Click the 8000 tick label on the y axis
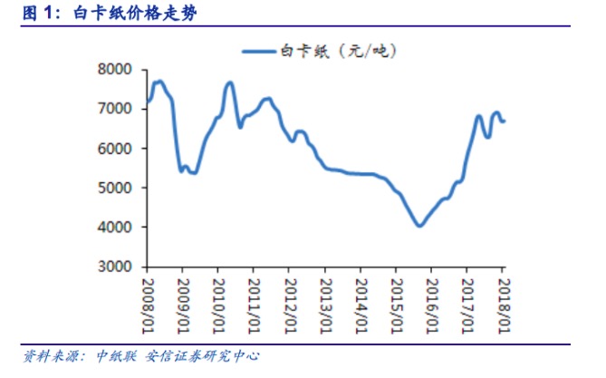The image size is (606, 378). pos(117,70)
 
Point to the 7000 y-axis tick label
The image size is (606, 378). pos(117,109)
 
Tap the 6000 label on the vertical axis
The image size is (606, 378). pos(117,149)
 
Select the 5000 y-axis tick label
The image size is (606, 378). pos(117,189)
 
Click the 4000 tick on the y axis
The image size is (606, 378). pos(117,228)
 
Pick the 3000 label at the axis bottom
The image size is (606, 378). pos(117,267)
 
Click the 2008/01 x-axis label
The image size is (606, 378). pos(147,303)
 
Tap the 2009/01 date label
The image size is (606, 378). pos(182,303)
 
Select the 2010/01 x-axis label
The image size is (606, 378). pos(218,303)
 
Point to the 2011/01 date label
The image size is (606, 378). pos(254,303)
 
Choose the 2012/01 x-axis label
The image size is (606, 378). pos(289,303)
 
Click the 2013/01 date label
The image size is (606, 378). pos(325,303)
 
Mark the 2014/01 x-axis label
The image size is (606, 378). pos(361,303)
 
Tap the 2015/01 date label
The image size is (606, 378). pos(396,303)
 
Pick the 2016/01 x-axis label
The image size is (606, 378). pos(432,303)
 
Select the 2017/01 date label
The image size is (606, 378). pos(467,303)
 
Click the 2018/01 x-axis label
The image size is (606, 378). pos(504,303)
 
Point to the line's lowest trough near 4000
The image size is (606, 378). pos(419,226)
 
